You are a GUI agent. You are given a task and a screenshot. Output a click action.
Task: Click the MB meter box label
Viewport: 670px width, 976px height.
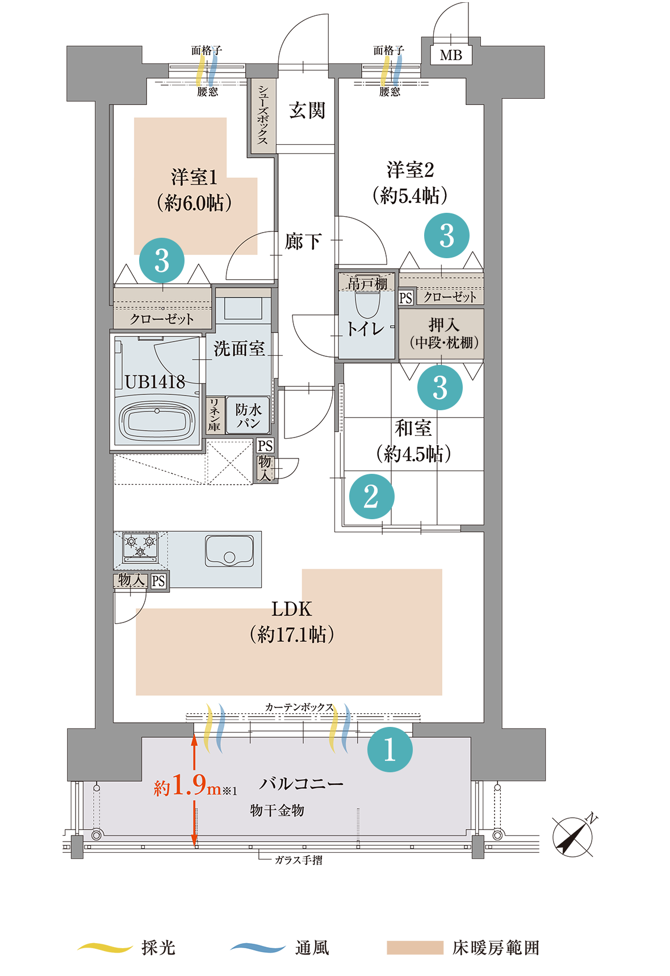[x=451, y=55]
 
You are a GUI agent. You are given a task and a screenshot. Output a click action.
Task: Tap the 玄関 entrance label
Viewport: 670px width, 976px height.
[x=307, y=110]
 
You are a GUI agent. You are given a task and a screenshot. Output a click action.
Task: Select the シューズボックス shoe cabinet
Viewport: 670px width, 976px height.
[x=262, y=115]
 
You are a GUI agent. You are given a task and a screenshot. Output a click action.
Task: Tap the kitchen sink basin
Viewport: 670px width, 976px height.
[x=229, y=550]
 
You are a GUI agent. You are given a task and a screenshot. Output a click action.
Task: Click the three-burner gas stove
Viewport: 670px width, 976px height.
[x=140, y=548]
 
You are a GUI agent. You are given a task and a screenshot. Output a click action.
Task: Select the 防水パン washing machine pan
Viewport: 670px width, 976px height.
[x=248, y=415]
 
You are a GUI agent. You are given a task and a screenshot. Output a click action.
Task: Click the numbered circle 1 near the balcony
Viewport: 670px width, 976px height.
[x=390, y=749]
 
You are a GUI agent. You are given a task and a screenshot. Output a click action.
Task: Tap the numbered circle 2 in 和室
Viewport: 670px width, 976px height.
[x=371, y=497]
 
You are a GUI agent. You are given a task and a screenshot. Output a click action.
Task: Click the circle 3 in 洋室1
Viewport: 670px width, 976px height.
[x=162, y=260]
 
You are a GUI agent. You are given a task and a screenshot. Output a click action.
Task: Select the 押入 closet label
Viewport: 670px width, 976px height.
[x=443, y=333]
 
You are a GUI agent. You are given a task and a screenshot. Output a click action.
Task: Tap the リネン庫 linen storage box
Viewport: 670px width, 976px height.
[x=214, y=415]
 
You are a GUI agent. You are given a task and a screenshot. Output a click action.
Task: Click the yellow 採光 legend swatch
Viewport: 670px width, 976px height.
[x=105, y=947]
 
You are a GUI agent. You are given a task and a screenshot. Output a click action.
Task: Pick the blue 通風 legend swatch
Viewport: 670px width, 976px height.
[x=258, y=947]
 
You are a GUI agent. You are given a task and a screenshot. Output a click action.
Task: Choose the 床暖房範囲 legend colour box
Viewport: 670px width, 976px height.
[x=415, y=948]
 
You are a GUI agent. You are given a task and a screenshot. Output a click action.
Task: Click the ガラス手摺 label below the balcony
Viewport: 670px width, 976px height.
[x=299, y=860]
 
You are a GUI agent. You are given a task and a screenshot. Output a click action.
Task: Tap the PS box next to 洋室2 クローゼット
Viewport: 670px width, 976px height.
[x=405, y=298]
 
